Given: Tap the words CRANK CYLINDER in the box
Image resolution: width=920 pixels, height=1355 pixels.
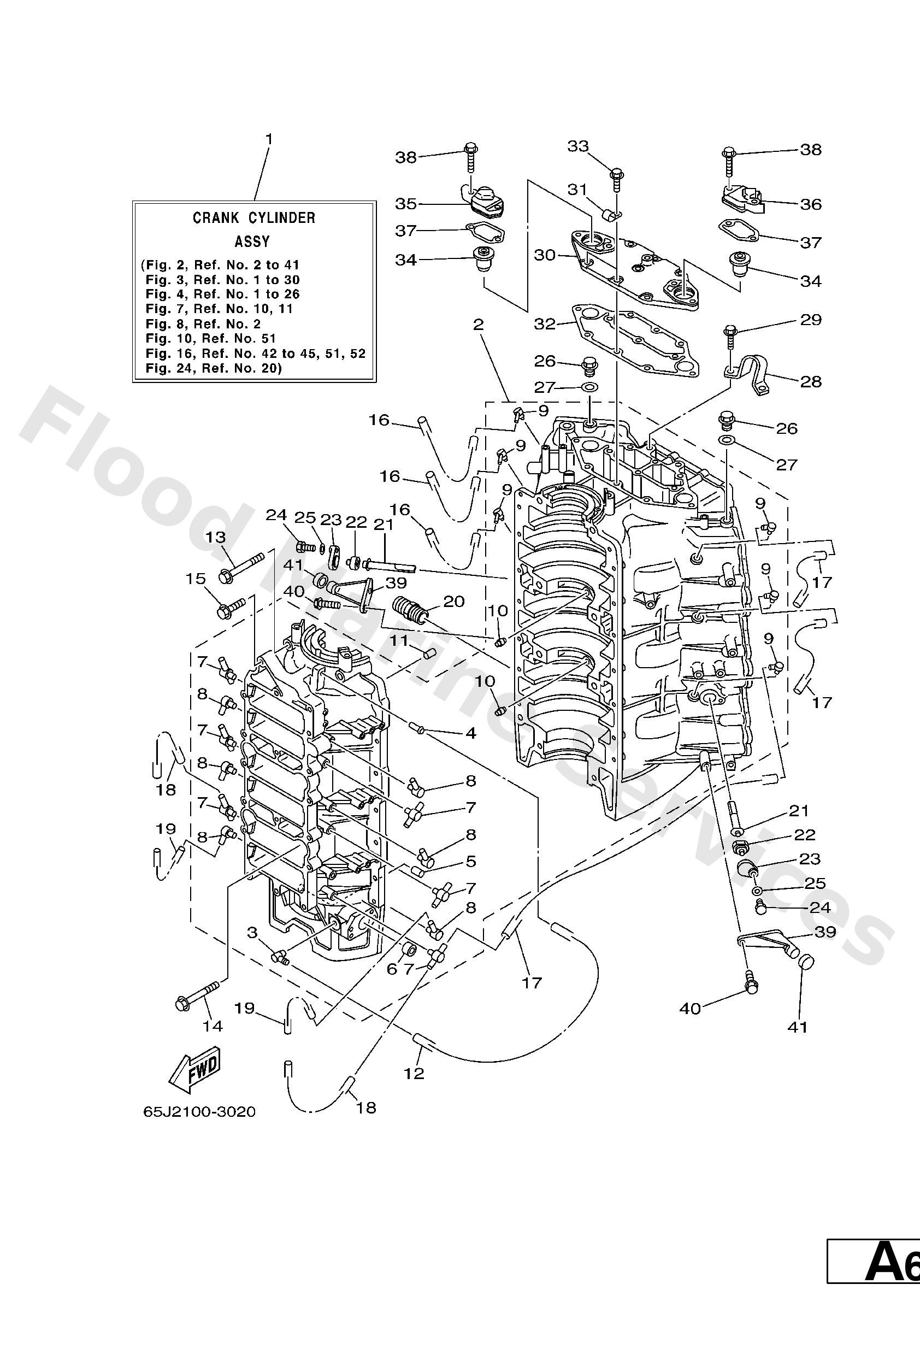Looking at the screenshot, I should pyautogui.click(x=253, y=218).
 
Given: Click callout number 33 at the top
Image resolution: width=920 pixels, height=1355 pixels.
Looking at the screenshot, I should pyautogui.click(x=579, y=146).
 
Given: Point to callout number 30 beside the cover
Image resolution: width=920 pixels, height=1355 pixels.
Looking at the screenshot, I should pyautogui.click(x=545, y=255).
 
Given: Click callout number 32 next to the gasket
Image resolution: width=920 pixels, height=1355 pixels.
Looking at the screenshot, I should pyautogui.click(x=545, y=323).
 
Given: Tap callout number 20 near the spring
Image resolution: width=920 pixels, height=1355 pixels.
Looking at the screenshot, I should pyautogui.click(x=454, y=601).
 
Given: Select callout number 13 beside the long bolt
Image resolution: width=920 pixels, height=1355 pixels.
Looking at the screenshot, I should pyautogui.click(x=215, y=537).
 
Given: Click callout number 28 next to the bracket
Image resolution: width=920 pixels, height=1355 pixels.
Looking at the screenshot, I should pyautogui.click(x=810, y=381).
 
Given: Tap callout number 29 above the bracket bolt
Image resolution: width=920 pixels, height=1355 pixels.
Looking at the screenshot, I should pyautogui.click(x=810, y=320).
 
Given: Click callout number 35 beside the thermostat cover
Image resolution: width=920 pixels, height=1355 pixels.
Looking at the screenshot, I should pyautogui.click(x=406, y=204).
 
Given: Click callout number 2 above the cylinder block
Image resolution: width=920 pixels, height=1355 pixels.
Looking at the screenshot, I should pyautogui.click(x=478, y=325).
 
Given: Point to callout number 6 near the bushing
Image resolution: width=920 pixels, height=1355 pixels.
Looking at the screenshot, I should pyautogui.click(x=392, y=969).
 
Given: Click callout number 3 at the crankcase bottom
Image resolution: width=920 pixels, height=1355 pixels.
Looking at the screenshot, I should pyautogui.click(x=252, y=933).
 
